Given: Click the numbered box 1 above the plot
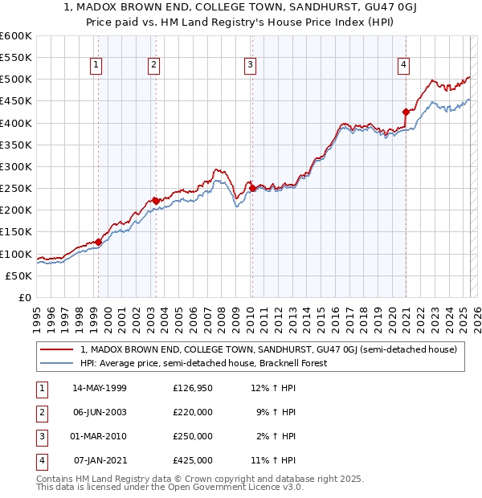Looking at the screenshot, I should [x=96, y=65].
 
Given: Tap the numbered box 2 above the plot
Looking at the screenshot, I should [x=153, y=65].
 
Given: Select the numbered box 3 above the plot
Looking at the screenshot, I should [x=251, y=65].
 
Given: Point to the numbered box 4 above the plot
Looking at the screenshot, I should [x=403, y=65].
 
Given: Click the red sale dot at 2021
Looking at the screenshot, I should [x=406, y=112].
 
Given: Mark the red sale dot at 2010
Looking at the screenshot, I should [x=252, y=189].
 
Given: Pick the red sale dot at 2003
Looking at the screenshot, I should [x=155, y=202].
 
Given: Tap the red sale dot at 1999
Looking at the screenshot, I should [x=98, y=242].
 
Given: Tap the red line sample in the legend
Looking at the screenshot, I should [x=57, y=349].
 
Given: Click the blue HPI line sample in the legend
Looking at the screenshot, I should [x=57, y=363].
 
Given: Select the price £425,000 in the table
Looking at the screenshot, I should [x=193, y=460].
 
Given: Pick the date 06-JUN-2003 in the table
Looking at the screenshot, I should [x=100, y=412].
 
